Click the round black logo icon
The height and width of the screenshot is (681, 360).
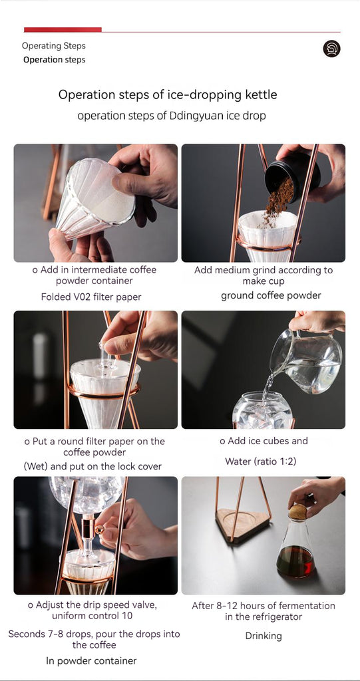click(x=331, y=49)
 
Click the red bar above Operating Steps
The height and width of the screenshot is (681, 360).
click(x=63, y=29)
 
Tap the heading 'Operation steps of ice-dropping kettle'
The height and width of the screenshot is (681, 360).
click(x=168, y=94)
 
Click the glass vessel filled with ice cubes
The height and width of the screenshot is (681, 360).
click(x=263, y=411)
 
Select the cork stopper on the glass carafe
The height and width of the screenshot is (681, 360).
click(x=297, y=511)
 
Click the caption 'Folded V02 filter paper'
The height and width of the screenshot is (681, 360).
click(x=91, y=297)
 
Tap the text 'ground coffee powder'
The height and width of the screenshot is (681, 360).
click(x=271, y=295)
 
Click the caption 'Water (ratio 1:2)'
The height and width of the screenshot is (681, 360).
click(x=264, y=462)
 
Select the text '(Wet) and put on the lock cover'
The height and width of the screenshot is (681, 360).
click(x=93, y=466)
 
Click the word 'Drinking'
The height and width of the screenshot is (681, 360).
click(x=264, y=636)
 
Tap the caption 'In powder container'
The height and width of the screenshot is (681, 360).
click(x=91, y=660)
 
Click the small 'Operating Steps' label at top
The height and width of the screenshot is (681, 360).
click(x=54, y=46)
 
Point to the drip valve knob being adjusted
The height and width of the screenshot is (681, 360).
click(x=98, y=529)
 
